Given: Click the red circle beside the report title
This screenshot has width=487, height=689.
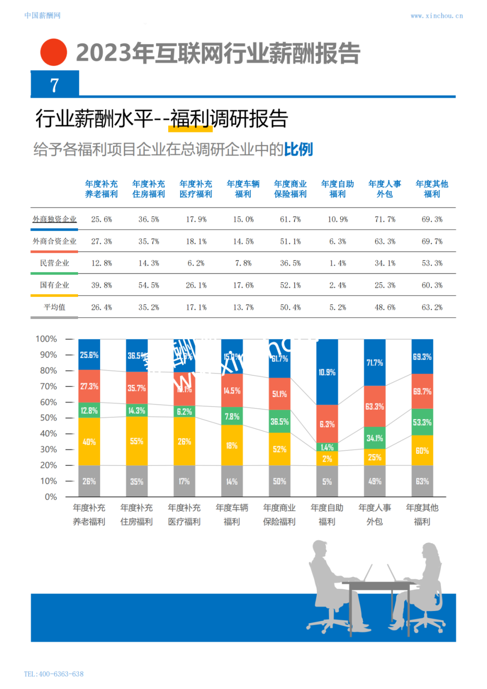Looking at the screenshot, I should pyautogui.click(x=54, y=52).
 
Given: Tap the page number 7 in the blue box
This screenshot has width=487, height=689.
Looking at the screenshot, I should pyautogui.click(x=55, y=85).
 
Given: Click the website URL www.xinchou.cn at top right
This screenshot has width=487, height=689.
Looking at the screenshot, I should pyautogui.click(x=436, y=16).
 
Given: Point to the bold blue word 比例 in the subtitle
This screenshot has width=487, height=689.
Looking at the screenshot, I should pyautogui.click(x=298, y=149).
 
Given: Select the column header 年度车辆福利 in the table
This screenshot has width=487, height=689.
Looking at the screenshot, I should pyautogui.click(x=243, y=189).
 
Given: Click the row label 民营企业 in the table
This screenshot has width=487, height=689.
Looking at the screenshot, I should pyautogui.click(x=55, y=263).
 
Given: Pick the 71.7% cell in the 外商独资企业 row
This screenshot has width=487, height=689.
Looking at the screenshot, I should pyautogui.click(x=385, y=219).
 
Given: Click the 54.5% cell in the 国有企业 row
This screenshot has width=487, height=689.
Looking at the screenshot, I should pyautogui.click(x=149, y=285).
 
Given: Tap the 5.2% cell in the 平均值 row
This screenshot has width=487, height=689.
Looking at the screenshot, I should pyautogui.click(x=337, y=307).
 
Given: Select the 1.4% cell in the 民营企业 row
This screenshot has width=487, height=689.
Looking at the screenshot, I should pyautogui.click(x=337, y=263).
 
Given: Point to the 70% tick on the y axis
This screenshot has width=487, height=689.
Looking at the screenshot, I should pyautogui.click(x=49, y=386).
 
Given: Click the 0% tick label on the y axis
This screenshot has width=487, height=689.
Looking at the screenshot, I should pyautogui.click(x=51, y=497).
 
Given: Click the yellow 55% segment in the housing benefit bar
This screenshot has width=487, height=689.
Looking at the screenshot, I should pyautogui.click(x=137, y=441).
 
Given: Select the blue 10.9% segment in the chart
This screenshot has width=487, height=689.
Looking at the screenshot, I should pyautogui.click(x=327, y=372).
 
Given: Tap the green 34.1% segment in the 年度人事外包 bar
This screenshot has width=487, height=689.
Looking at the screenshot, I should pyautogui.click(x=375, y=438).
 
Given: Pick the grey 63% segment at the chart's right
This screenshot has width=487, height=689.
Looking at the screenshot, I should pyautogui.click(x=422, y=481).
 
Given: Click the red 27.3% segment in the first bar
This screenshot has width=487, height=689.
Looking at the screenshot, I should pyautogui.click(x=89, y=386).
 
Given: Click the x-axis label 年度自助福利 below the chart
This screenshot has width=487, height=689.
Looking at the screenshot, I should pyautogui.click(x=327, y=514).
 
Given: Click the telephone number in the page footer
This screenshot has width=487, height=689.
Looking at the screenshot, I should pyautogui.click(x=54, y=674).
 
